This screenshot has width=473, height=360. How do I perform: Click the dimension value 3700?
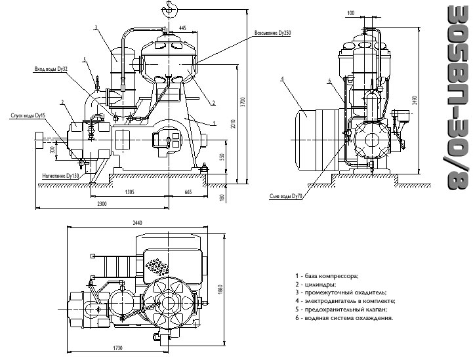click(x=243, y=103)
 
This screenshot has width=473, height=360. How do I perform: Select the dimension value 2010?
click(x=233, y=124)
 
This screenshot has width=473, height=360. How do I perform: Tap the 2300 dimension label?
click(x=102, y=204)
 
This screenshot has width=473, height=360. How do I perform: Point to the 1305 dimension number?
click(x=129, y=192)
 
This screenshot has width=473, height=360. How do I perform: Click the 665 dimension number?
click(x=188, y=192)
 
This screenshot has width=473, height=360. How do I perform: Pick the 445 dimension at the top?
click(x=182, y=28)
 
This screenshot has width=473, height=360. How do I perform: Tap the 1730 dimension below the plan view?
click(x=118, y=348)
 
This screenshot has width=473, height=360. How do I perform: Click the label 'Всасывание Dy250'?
click(x=273, y=33)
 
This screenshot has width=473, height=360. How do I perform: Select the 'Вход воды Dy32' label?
click(x=51, y=69)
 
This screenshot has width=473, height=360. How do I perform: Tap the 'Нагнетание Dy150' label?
click(x=60, y=175)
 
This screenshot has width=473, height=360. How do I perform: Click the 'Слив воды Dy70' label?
click(x=285, y=196)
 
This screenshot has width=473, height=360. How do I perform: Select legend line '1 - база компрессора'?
click(x=327, y=276)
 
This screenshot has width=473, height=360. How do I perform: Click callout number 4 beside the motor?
click(x=282, y=79)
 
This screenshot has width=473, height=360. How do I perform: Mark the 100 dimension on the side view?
click(x=351, y=13)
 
